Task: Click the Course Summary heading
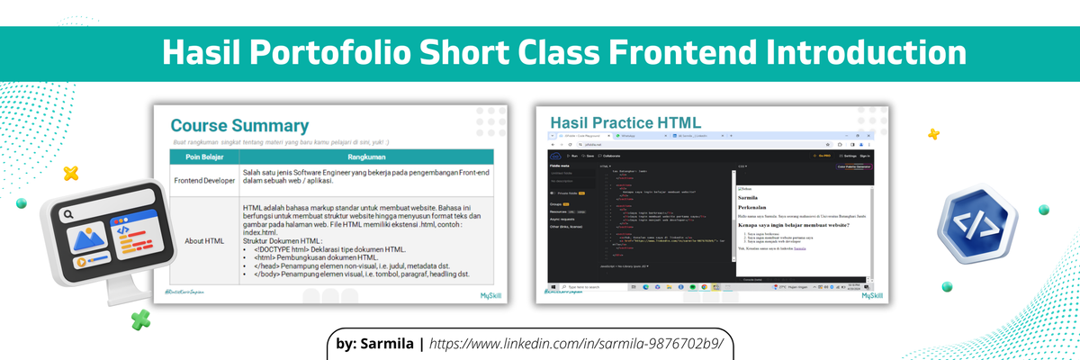[239, 126]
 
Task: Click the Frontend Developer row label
[203, 180]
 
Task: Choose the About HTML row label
[203, 240]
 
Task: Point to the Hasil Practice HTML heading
[625, 121]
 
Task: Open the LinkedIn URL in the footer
[576, 344]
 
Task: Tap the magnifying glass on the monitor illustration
[67, 216]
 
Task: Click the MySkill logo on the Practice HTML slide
[872, 294]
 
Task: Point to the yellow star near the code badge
[933, 134]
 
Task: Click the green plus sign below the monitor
[139, 318]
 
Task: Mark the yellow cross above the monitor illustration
[70, 174]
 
